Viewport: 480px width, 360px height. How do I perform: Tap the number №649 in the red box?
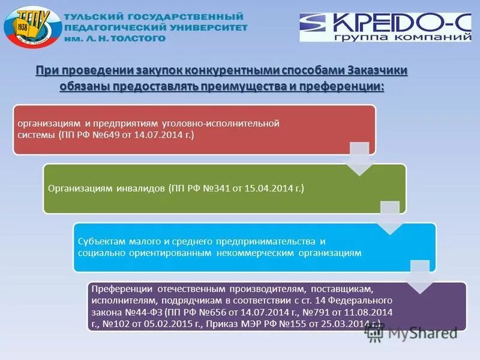(107, 134)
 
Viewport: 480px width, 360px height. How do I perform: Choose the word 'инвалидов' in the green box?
(141, 188)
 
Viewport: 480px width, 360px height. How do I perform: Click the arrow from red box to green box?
(359, 159)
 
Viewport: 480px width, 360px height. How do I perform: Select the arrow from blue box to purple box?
(419, 277)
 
